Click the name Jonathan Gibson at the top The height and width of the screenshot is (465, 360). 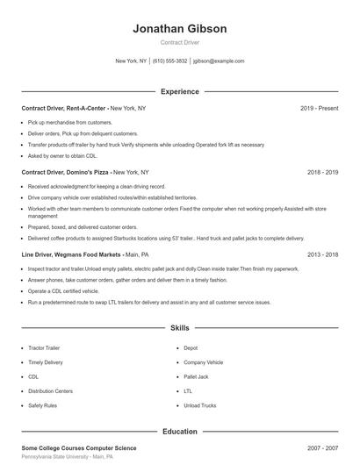tap(180, 28)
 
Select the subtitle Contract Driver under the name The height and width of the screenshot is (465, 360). tap(180, 43)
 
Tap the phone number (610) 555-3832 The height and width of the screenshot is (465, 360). tap(170, 61)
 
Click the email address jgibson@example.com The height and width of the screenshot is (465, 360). tap(219, 61)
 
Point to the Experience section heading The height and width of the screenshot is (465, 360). tap(180, 91)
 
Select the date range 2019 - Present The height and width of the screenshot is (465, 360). tap(319, 108)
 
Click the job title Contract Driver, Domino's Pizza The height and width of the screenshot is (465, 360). tap(66, 173)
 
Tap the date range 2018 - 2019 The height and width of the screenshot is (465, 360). tap(322, 173)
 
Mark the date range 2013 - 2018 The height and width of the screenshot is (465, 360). tap(322, 254)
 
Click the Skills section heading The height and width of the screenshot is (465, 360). tap(180, 328)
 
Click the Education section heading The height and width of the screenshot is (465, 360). tap(180, 432)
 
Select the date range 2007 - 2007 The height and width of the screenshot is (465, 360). tap(322, 448)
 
